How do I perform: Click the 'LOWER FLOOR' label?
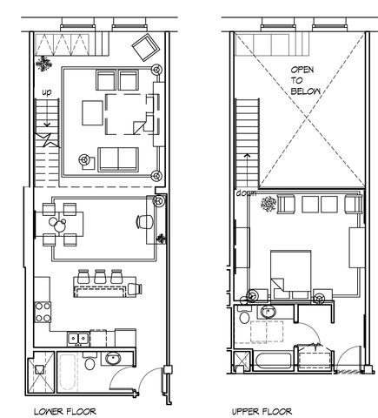(x=66, y=409)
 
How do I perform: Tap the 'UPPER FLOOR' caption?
(x=262, y=409)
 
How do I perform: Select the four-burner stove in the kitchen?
(x=42, y=309)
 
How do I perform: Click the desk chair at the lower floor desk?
(x=143, y=221)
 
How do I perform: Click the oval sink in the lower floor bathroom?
(x=114, y=358)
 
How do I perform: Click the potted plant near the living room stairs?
(x=43, y=63)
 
